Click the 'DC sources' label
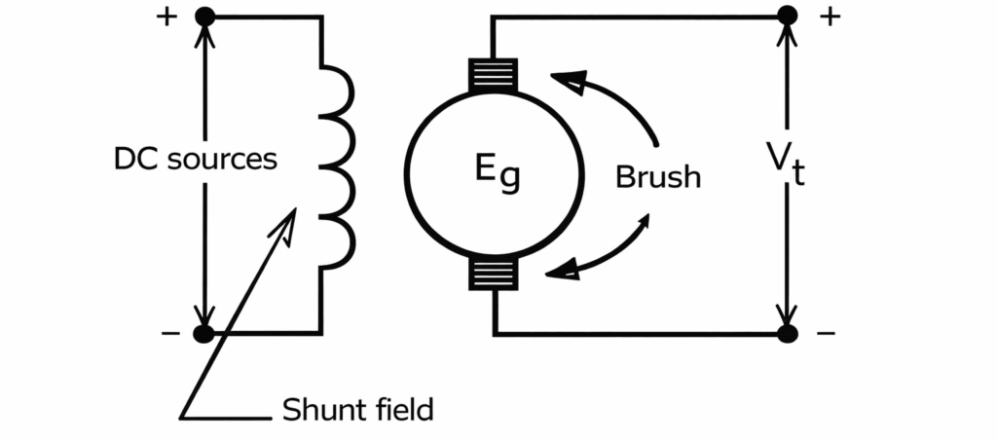pyautogui.click(x=195, y=159)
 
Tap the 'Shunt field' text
pyautogui.click(x=357, y=410)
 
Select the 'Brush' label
pyautogui.click(x=657, y=177)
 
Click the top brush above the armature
pyautogui.click(x=495, y=75)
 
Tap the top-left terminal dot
pyautogui.click(x=204, y=17)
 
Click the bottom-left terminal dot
pyautogui.click(x=203, y=334)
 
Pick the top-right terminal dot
pyautogui.click(x=788, y=16)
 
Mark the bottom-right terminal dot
pyautogui.click(x=788, y=334)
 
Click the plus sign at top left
pyautogui.click(x=166, y=18)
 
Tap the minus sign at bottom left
pyautogui.click(x=170, y=334)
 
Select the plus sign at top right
pyautogui.click(x=829, y=16)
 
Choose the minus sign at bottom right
pyautogui.click(x=827, y=334)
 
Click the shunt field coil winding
pyautogui.click(x=336, y=166)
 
